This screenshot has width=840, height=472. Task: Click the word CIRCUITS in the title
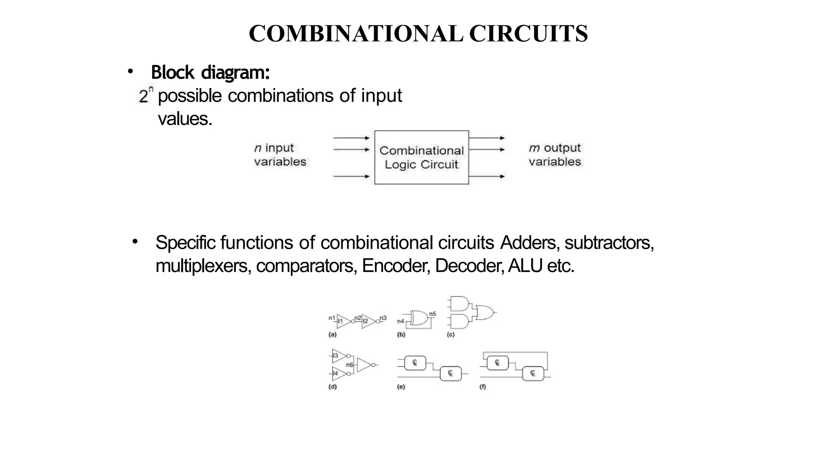coord(528,34)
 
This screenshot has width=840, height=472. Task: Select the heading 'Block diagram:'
coord(210,73)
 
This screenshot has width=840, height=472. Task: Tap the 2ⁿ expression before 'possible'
coord(146,95)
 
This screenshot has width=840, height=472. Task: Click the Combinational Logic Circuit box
coord(422,157)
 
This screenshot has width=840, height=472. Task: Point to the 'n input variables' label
coord(280,155)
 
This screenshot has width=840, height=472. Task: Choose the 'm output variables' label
coord(555,155)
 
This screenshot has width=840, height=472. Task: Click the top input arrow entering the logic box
coord(352,138)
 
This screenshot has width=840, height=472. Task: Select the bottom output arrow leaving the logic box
coord(487,177)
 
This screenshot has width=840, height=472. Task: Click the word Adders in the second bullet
coord(528,243)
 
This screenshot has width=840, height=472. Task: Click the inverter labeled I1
coord(343,322)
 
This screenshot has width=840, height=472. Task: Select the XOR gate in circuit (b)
coord(419,318)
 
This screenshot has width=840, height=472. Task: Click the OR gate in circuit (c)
coord(484,313)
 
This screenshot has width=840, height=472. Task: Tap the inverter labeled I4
coord(339,373)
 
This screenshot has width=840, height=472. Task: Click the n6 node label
coord(349,365)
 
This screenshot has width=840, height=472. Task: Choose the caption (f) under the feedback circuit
coord(483,387)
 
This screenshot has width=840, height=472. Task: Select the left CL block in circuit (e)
coord(415,363)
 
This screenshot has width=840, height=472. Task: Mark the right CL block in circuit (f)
coord(533,373)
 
